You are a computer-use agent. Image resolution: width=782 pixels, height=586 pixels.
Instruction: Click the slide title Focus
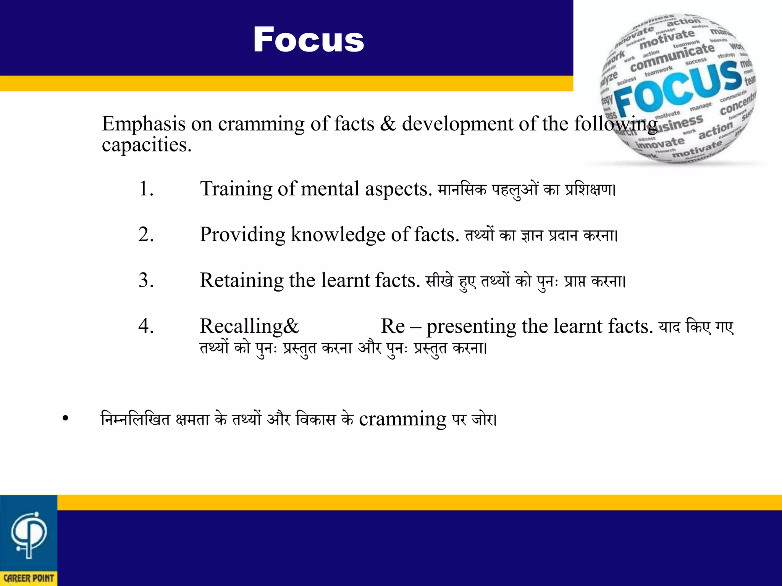pyautogui.click(x=309, y=40)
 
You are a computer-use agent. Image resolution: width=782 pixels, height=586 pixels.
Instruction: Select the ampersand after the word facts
pyautogui.click(x=388, y=124)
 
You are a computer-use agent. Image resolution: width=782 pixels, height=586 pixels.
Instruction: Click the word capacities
pyautogui.click(x=147, y=145)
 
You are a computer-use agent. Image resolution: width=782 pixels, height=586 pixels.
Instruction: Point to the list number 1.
pyautogui.click(x=146, y=188)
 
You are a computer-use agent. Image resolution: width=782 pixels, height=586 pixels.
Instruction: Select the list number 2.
pyautogui.click(x=146, y=234)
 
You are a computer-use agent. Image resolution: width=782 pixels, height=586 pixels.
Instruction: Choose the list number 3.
pyautogui.click(x=146, y=280)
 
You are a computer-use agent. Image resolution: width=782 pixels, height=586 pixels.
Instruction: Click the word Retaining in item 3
pyautogui.click(x=241, y=281)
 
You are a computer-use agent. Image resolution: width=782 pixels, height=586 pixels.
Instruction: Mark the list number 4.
pyautogui.click(x=146, y=326)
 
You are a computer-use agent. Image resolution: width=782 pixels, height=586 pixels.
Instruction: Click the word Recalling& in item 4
pyautogui.click(x=249, y=327)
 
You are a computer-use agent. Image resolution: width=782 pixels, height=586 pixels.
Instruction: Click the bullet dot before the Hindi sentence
pyautogui.click(x=66, y=418)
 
